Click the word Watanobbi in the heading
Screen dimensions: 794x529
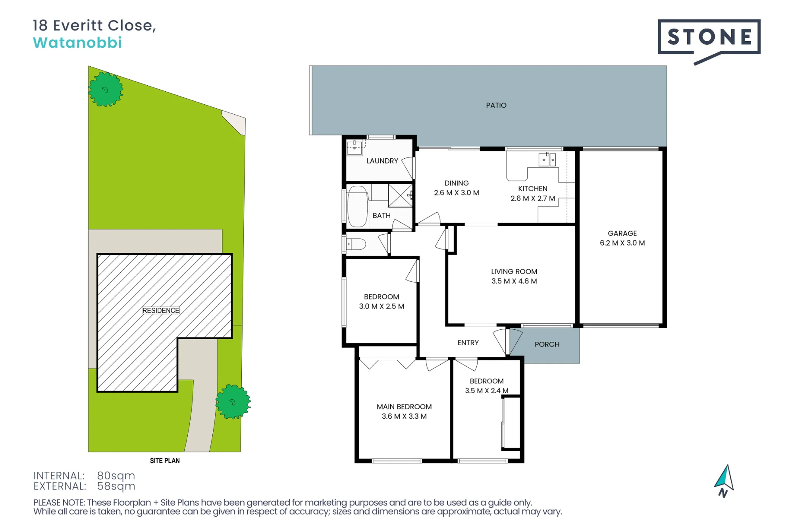77,43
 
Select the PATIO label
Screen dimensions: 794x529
496,105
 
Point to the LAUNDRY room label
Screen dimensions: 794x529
382,161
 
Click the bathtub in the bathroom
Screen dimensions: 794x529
357,206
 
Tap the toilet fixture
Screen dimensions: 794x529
356,244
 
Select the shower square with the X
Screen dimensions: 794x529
400,196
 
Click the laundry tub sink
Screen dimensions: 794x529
355,148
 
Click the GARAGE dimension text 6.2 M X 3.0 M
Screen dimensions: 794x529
622,243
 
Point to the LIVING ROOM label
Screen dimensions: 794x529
514,271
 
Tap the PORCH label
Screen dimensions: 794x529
547,344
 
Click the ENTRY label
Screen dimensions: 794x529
468,343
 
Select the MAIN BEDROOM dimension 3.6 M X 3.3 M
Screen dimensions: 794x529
404,416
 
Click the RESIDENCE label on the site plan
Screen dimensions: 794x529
161,310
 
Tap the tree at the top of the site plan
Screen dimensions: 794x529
106,89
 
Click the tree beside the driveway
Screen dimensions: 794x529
233,402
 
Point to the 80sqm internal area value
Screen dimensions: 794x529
116,475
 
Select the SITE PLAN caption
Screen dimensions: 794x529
165,461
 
